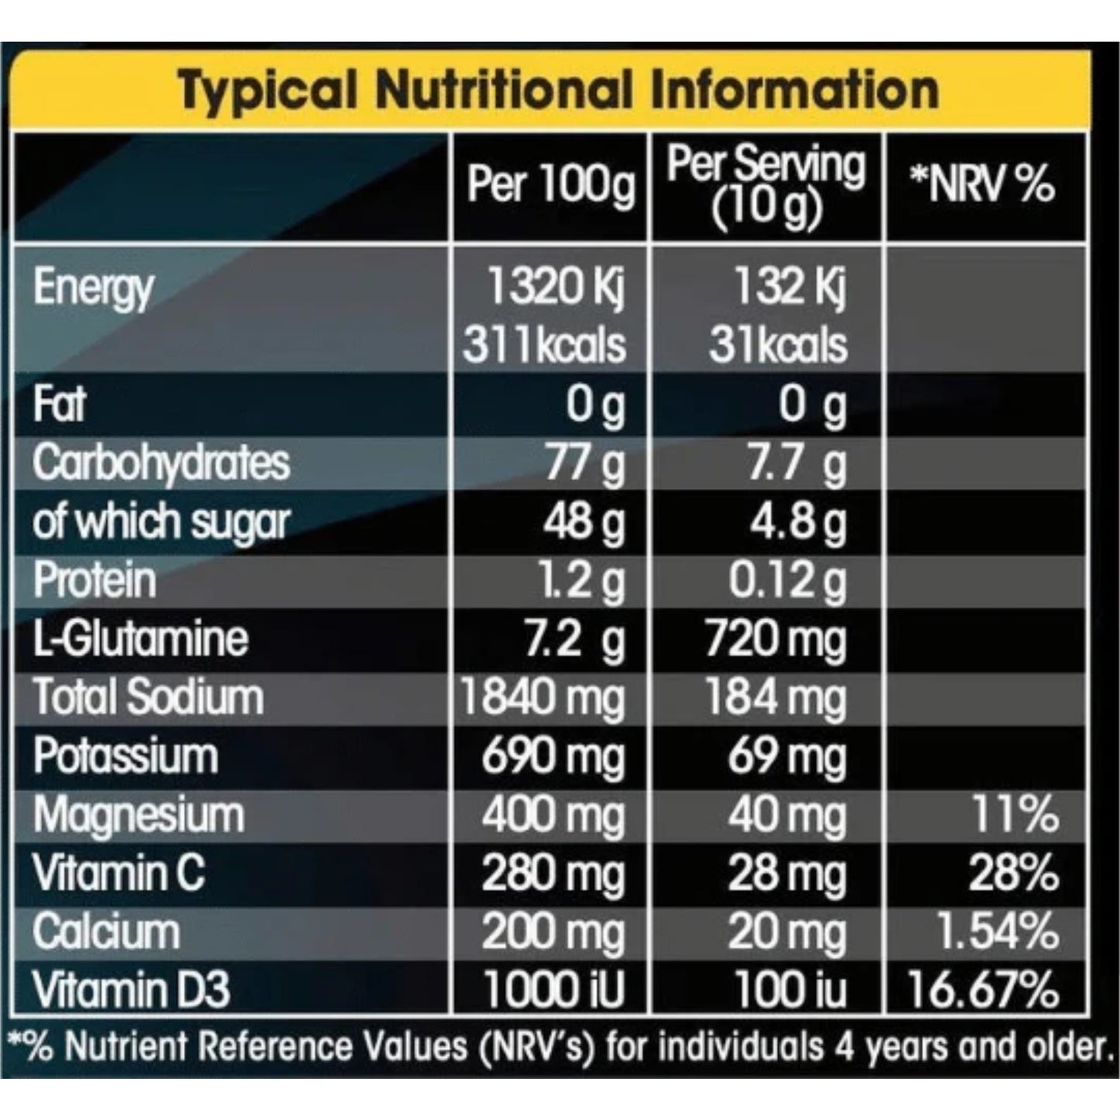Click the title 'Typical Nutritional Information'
click(x=558, y=90)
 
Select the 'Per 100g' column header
click(x=550, y=185)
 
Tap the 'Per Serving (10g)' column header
click(x=766, y=186)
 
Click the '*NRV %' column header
click(x=983, y=185)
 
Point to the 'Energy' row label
click(x=94, y=288)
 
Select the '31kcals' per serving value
click(x=777, y=345)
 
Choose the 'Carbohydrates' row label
click(x=161, y=463)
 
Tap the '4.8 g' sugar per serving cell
click(x=798, y=522)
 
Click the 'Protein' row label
click(x=95, y=581)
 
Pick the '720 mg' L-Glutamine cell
click(x=775, y=640)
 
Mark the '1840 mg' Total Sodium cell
click(x=543, y=698)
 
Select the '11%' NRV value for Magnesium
click(x=1015, y=815)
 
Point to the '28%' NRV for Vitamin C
click(x=1013, y=874)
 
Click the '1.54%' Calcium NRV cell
click(x=997, y=932)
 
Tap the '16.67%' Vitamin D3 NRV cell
click(x=983, y=990)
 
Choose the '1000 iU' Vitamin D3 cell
click(x=553, y=990)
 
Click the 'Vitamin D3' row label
click(x=132, y=990)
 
